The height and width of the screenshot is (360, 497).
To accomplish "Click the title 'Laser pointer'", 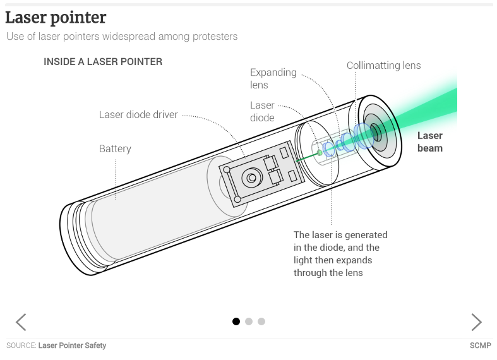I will click(56, 17).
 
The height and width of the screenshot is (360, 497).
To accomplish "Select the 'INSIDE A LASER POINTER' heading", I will click(103, 62).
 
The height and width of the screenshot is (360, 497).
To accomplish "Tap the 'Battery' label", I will click(115, 149).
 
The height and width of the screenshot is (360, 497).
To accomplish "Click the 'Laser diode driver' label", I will click(138, 115).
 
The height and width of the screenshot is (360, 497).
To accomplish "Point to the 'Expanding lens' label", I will click(273, 78).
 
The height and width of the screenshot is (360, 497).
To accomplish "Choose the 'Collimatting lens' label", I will click(383, 66).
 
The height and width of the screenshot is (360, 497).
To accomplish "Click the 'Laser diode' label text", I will click(262, 111).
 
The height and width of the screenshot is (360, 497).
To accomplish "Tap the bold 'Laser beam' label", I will click(430, 141).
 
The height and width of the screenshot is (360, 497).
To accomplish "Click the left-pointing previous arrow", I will click(21, 322).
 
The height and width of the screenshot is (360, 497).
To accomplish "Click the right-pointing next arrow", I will click(477, 322).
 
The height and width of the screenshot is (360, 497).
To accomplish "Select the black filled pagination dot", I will click(236, 321).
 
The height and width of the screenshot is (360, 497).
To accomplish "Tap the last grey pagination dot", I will click(261, 321).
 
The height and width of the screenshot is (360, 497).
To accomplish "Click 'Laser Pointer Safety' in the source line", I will click(72, 345).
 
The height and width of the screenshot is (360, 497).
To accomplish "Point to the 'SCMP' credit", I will click(480, 345).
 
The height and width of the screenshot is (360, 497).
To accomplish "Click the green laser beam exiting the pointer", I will click(429, 107).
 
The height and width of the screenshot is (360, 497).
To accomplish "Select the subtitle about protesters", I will click(122, 37).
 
